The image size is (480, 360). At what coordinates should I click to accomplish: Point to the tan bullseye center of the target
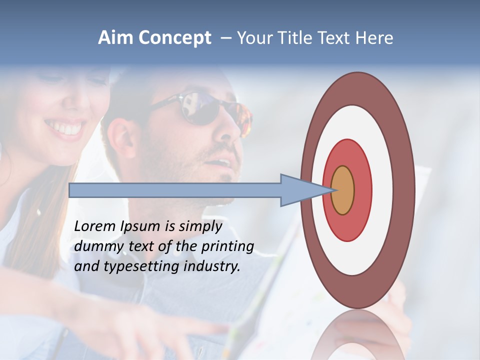[343, 190]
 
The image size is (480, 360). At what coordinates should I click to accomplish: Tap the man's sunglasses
[210, 107]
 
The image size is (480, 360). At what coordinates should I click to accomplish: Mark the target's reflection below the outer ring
[357, 335]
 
